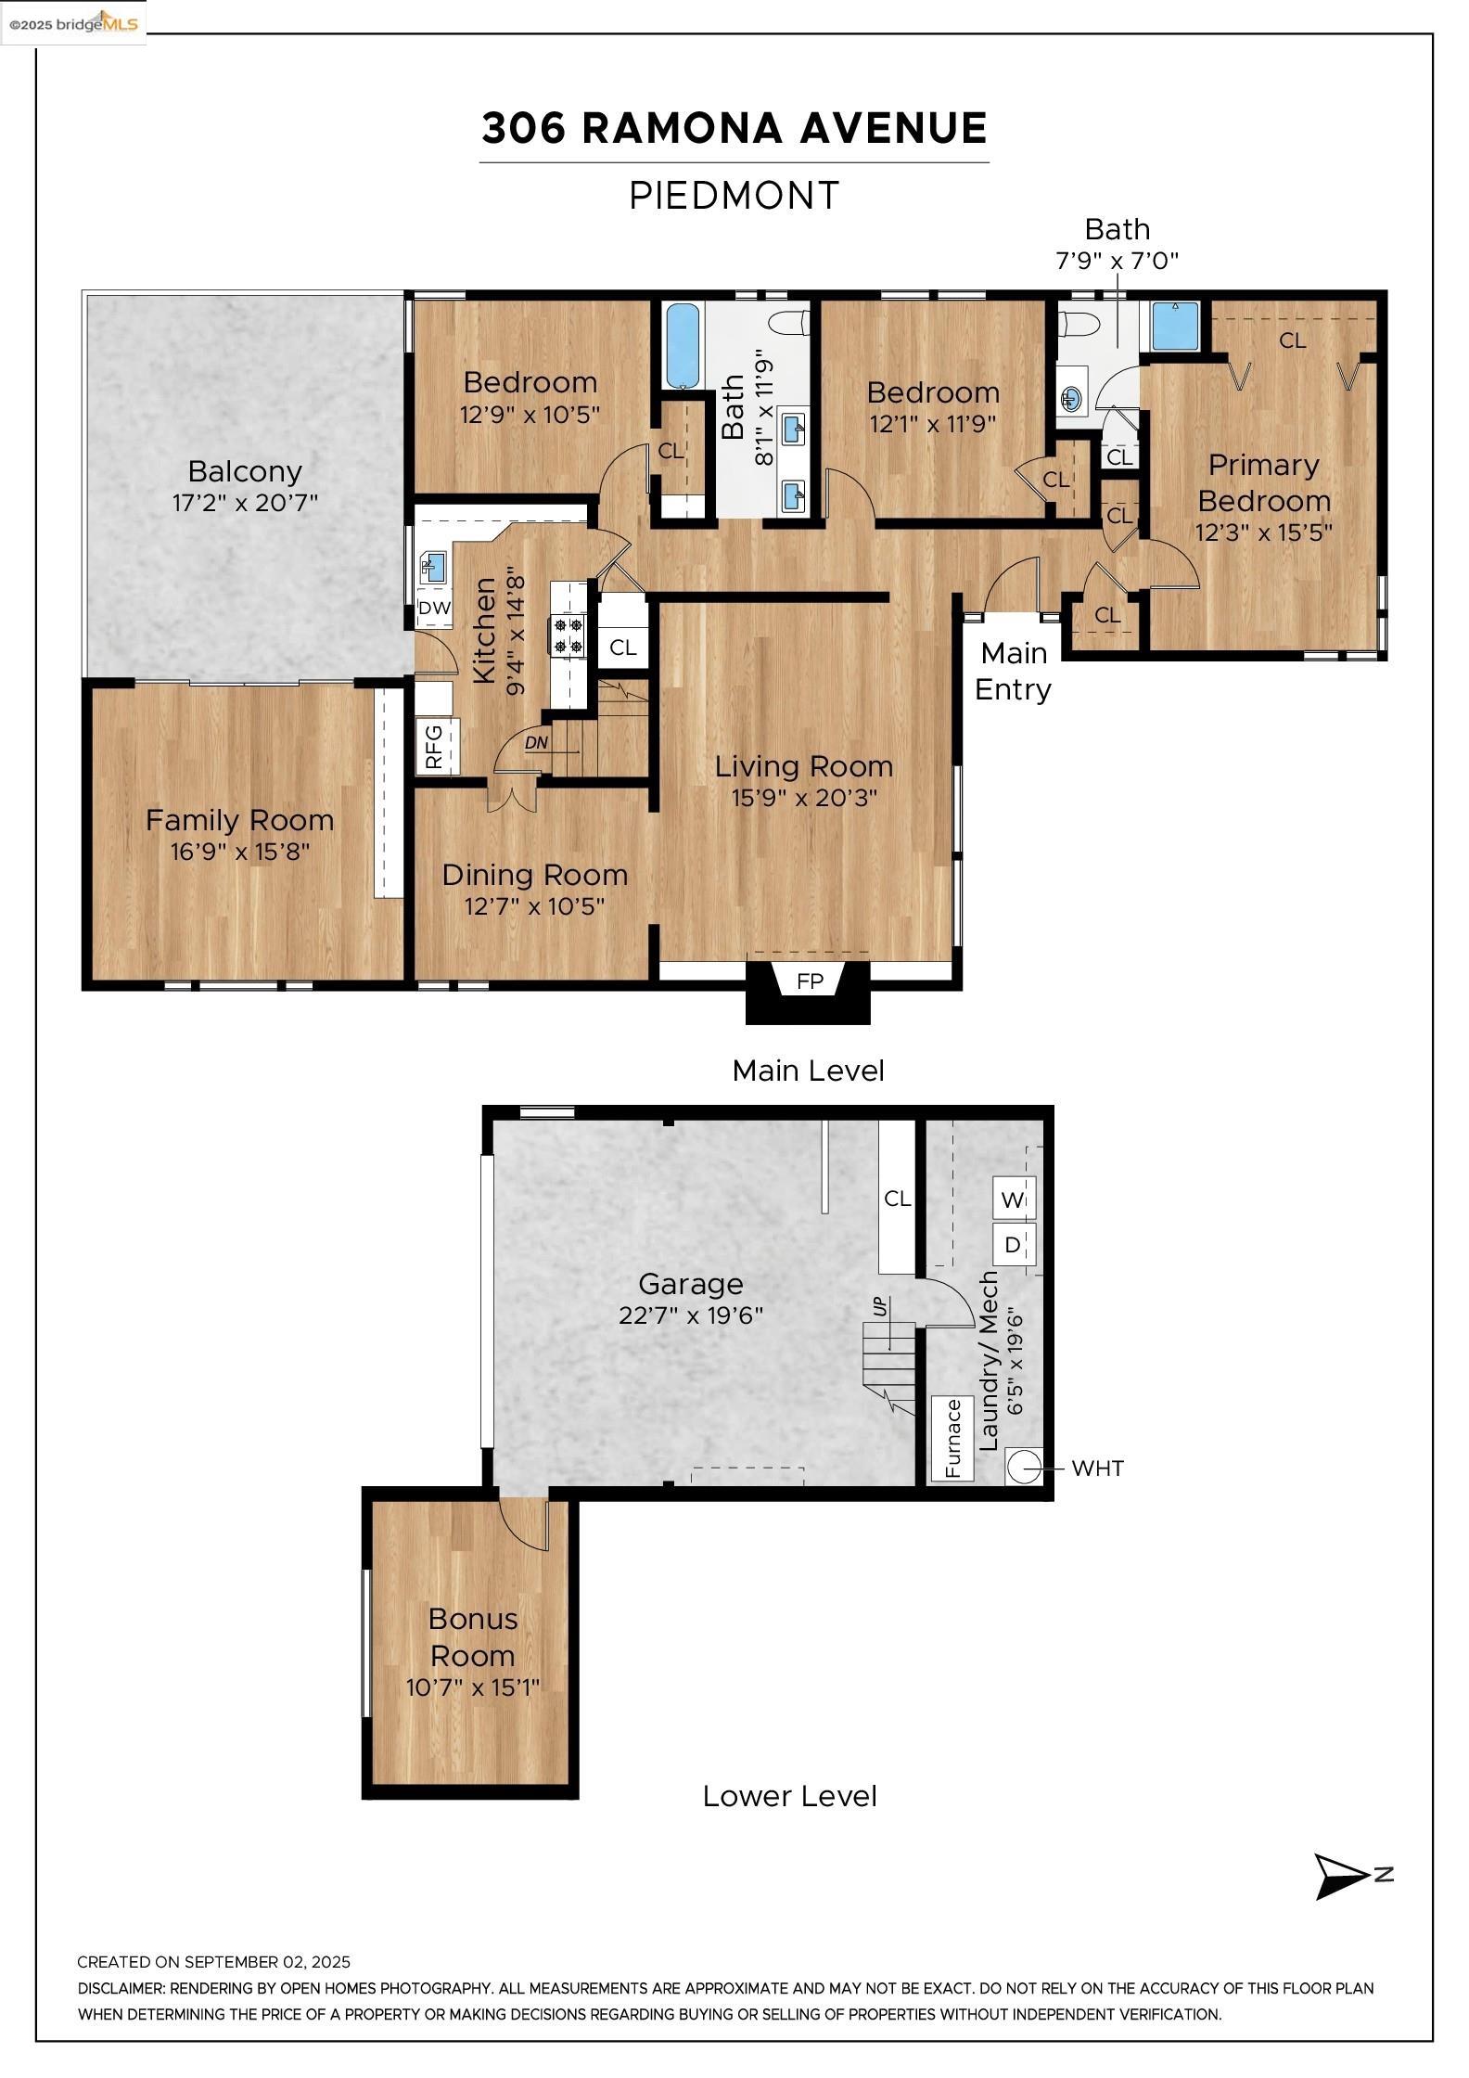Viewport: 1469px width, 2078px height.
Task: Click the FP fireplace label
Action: tap(810, 981)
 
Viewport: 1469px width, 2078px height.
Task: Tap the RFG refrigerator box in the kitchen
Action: tap(437, 746)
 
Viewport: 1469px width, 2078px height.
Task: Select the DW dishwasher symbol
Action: tap(434, 609)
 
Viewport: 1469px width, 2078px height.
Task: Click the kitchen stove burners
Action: tap(568, 635)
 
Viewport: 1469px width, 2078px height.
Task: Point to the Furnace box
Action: tap(952, 1438)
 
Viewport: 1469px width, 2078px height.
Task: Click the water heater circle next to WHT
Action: tap(1024, 1468)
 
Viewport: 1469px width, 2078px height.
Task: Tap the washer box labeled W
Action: tap(1014, 1199)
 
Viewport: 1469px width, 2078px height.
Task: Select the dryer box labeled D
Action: tap(1014, 1244)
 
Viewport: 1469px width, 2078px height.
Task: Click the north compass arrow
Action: tap(1345, 1877)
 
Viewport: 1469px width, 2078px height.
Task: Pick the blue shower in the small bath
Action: tap(1175, 327)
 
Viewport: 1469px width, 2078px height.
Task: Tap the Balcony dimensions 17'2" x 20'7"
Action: tap(245, 503)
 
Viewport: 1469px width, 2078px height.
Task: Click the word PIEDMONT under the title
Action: tap(734, 196)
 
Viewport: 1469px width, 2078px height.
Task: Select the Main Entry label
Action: tap(1014, 671)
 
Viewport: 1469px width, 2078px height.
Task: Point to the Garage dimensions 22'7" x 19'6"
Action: tap(691, 1315)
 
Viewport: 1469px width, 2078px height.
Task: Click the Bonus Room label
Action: tap(473, 1636)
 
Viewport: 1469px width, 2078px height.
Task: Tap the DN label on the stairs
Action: tap(536, 742)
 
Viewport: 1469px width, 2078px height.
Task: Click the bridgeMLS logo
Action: tap(73, 23)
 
